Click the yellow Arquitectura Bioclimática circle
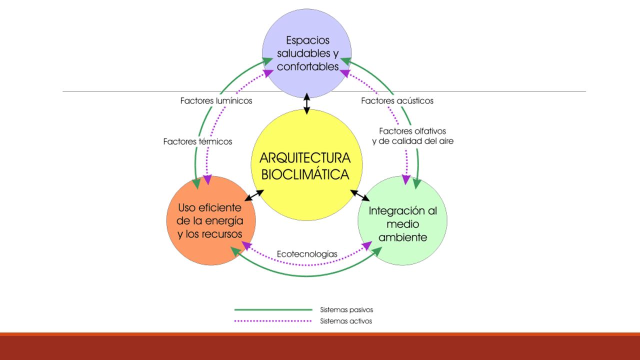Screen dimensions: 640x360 (x=307, y=165)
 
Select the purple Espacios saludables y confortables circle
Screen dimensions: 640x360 (x=307, y=53)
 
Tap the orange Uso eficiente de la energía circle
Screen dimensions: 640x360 (x=211, y=220)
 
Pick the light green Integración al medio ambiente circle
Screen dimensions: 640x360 (x=402, y=220)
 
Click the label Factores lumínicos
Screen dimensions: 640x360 (x=216, y=101)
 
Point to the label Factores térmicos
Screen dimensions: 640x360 (x=197, y=141)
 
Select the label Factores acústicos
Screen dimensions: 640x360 (x=397, y=101)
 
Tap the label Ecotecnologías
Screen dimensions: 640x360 (x=307, y=254)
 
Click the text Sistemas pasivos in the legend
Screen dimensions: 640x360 (x=346, y=309)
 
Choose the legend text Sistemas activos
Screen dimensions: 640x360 (x=346, y=321)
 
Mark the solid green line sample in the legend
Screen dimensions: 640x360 (x=273, y=309)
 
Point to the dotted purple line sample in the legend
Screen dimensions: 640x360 (x=273, y=321)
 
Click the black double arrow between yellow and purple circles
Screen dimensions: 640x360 (x=307, y=103)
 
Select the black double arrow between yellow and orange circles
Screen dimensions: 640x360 (x=254, y=195)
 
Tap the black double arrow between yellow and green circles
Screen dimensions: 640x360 (x=360, y=195)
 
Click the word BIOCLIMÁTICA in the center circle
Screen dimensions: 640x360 (x=305, y=174)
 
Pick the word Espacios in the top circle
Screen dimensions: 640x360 (x=307, y=40)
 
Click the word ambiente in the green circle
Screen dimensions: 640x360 (x=403, y=237)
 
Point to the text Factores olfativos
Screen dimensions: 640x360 (x=412, y=131)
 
